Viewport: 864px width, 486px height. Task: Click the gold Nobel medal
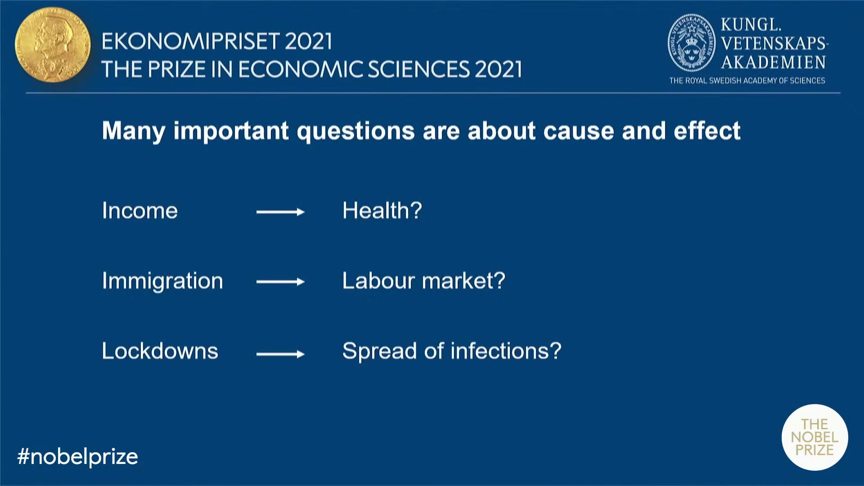(53, 45)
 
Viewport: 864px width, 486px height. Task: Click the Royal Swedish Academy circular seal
(691, 43)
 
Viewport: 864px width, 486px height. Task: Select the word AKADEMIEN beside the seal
(774, 62)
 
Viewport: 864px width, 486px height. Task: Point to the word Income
(140, 211)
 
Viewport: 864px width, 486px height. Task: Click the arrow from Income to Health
(280, 212)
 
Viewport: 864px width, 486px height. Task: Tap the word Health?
(382, 210)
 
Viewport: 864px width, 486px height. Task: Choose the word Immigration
(162, 281)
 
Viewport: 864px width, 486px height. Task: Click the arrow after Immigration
(280, 282)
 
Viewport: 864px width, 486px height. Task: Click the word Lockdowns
(160, 351)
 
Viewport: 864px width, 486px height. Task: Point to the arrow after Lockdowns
(280, 354)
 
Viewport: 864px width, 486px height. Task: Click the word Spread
(379, 351)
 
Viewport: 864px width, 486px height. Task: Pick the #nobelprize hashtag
(77, 457)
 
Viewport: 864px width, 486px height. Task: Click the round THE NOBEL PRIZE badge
(814, 437)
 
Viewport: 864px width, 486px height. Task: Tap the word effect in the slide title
(707, 131)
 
